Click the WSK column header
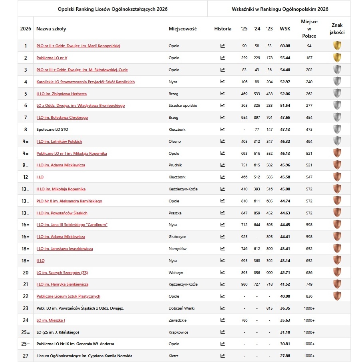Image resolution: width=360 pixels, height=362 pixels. click(285, 28)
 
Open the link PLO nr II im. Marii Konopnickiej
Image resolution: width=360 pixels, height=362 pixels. click(78, 46)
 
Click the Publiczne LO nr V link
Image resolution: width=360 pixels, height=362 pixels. click(52, 58)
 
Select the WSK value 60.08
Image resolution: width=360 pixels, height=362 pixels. click(285, 46)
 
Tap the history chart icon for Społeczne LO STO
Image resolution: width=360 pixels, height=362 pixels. click(223, 130)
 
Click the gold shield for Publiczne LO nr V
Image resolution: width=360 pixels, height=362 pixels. click(337, 58)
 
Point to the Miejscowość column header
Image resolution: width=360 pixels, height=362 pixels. click(183, 29)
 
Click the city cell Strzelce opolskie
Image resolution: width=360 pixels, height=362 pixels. click(183, 106)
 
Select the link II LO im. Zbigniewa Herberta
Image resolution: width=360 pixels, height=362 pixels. click(62, 94)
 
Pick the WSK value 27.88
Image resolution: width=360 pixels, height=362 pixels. click(285, 356)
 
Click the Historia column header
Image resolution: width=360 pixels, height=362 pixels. click(223, 29)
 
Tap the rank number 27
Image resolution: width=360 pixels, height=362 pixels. click(26, 356)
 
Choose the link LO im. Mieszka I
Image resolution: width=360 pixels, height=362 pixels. click(51, 320)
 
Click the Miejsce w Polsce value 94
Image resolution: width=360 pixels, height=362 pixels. click(309, 46)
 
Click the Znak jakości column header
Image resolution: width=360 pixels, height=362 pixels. click(337, 28)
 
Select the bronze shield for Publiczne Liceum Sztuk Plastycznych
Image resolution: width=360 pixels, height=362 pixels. click(337, 296)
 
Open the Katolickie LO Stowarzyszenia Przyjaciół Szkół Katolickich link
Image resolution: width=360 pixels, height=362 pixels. click(86, 82)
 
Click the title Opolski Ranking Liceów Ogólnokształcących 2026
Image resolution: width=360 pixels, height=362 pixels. click(112, 8)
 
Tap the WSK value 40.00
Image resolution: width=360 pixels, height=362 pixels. click(285, 296)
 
